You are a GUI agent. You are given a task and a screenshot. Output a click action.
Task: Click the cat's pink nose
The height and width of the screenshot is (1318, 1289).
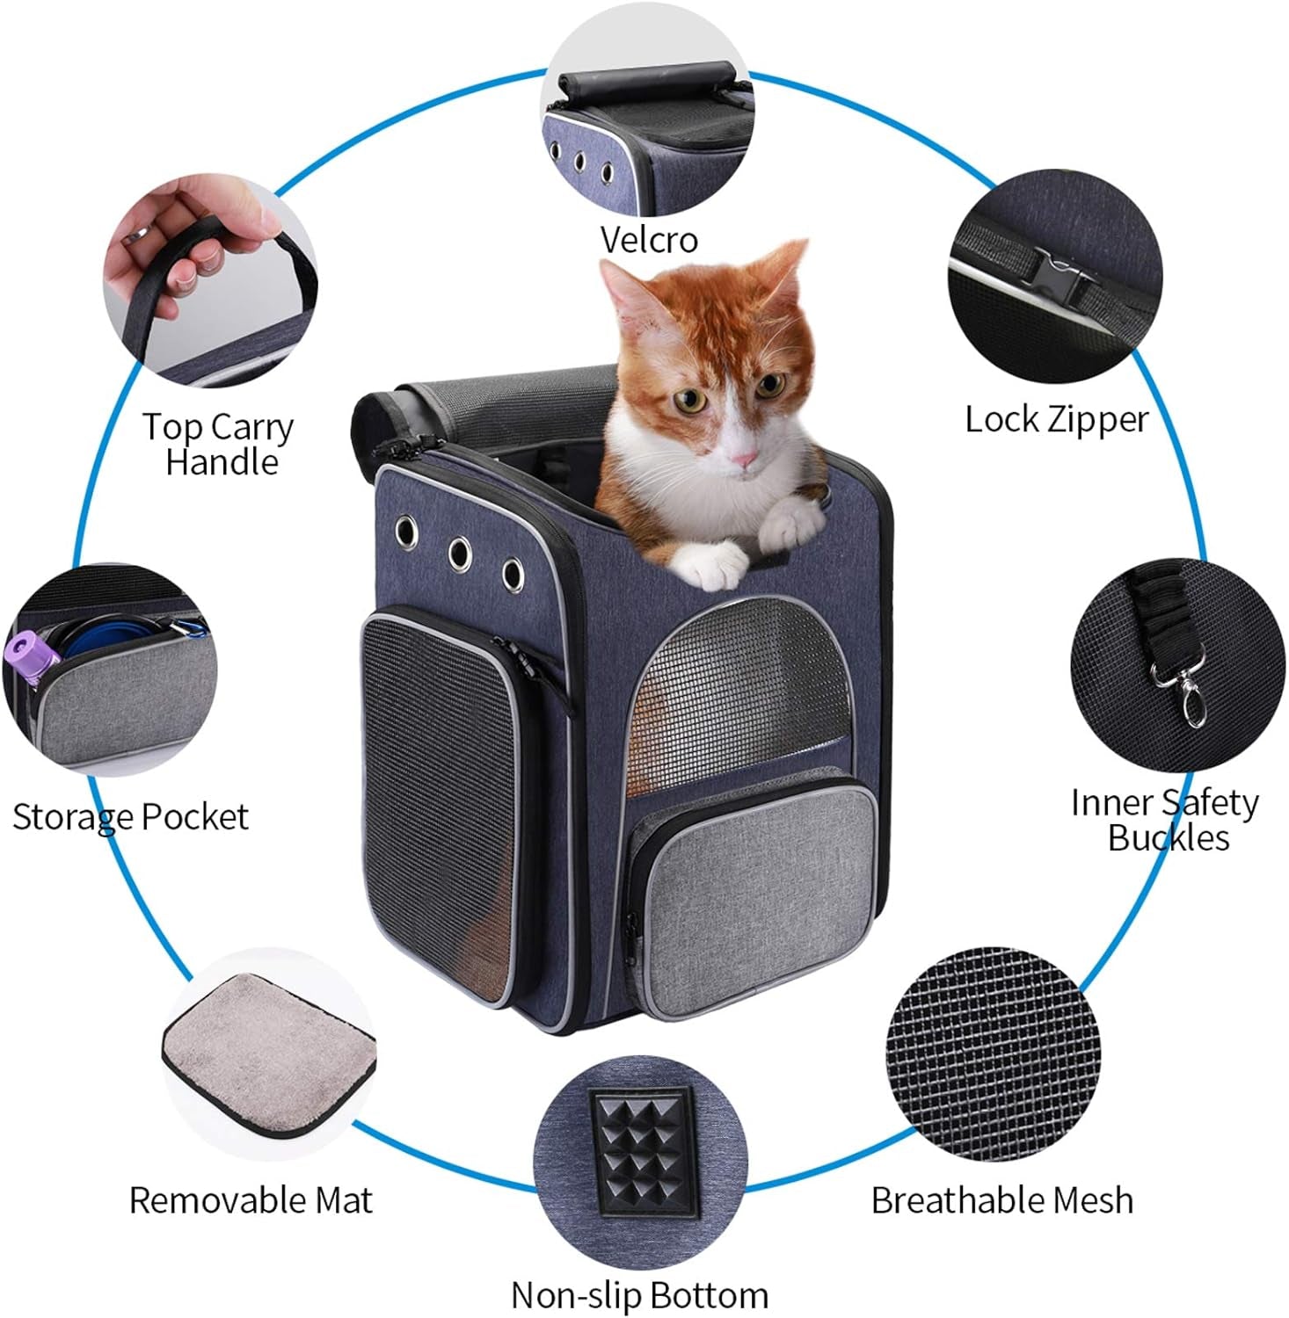(x=744, y=458)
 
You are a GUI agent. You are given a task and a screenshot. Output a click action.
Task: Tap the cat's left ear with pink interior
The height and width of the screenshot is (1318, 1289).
(x=626, y=291)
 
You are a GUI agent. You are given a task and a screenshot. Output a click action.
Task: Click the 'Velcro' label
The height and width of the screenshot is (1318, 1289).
(x=649, y=239)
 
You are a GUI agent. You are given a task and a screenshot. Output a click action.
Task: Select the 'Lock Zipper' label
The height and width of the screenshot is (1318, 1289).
(x=1056, y=419)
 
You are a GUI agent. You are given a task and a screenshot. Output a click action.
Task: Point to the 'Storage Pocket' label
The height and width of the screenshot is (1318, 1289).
(x=130, y=817)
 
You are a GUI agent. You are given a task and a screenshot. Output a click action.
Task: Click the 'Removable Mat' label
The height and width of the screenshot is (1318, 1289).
(x=251, y=1200)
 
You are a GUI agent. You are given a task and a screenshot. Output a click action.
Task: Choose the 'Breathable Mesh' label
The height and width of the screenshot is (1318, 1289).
(x=1002, y=1200)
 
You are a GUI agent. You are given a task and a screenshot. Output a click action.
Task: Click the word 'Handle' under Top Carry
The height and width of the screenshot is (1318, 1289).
(x=222, y=462)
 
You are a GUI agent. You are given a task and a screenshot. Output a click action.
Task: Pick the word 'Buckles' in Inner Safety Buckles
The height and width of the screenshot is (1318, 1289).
(x=1168, y=837)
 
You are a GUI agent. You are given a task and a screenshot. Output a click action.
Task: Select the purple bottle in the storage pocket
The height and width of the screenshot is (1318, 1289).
(x=35, y=659)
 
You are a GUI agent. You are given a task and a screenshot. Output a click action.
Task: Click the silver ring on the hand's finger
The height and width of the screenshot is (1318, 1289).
(x=138, y=235)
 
